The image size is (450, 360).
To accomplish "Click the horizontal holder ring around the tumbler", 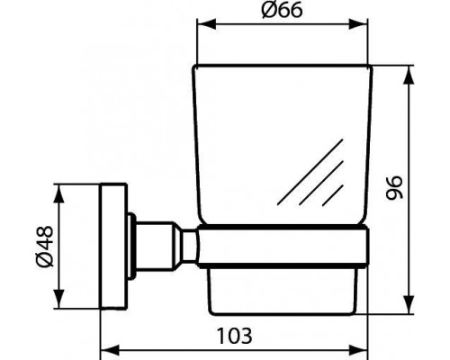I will coord(283,244).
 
